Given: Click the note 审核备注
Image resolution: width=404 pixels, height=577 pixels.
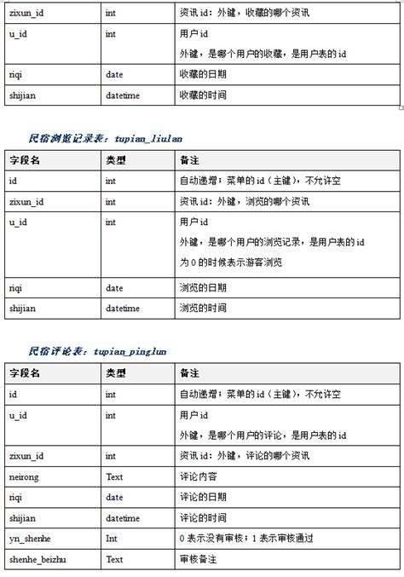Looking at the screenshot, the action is tap(199, 559).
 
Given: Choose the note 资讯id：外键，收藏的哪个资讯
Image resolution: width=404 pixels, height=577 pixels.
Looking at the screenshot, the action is tap(245, 14).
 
